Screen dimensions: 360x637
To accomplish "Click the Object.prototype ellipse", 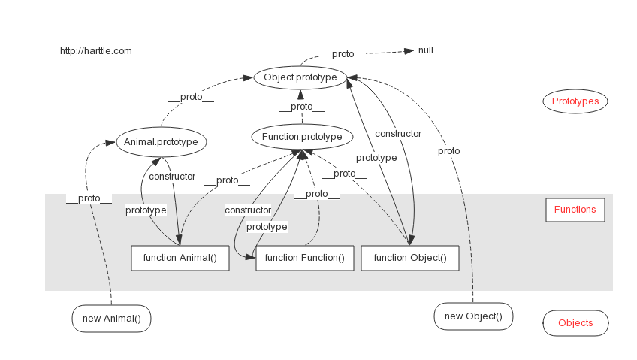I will (x=300, y=77).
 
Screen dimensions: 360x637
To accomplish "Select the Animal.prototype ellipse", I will (x=162, y=141).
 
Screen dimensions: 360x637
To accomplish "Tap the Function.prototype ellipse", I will (x=302, y=137).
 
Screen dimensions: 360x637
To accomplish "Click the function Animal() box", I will (x=180, y=258).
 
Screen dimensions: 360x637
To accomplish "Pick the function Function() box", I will (x=304, y=258).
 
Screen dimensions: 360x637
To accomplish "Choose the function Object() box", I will (x=409, y=258).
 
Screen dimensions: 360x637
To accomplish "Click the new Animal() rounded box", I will (x=111, y=318).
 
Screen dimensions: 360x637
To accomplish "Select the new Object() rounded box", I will (x=473, y=316).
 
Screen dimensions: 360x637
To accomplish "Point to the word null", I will (x=426, y=50).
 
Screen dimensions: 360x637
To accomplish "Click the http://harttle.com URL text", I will (x=96, y=51).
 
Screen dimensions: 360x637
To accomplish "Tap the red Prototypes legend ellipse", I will (x=575, y=101).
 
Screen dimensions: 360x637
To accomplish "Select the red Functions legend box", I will (x=575, y=210).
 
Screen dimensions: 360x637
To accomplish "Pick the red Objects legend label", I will (x=575, y=323).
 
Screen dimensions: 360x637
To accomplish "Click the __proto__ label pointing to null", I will (x=343, y=54).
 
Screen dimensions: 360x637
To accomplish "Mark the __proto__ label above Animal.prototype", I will (x=191, y=98).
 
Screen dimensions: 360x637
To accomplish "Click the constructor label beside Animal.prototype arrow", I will (x=172, y=177).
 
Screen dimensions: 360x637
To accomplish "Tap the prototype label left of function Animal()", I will (x=146, y=210).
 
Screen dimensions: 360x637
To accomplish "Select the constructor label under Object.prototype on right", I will (x=398, y=134).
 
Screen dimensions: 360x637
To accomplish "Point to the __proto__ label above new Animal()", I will (x=89, y=198).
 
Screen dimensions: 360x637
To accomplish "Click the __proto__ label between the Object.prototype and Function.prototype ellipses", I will (x=301, y=107).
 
